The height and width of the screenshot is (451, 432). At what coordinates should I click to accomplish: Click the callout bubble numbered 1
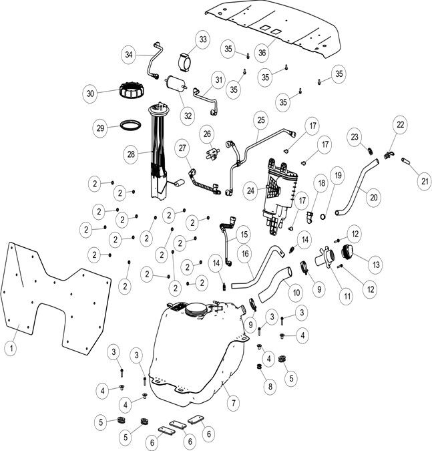pyautogui.click(x=11, y=348)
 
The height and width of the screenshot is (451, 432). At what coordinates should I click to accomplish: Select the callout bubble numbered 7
pyautogui.click(x=233, y=404)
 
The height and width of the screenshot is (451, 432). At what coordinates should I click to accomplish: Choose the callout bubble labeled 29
pyautogui.click(x=100, y=127)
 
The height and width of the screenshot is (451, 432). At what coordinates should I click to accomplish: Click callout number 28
pyautogui.click(x=132, y=153)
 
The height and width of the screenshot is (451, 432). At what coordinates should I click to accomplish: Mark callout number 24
pyautogui.click(x=251, y=190)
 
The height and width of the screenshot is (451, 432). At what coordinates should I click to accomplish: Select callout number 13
pyautogui.click(x=377, y=265)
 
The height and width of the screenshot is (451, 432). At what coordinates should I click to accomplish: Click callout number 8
pyautogui.click(x=270, y=386)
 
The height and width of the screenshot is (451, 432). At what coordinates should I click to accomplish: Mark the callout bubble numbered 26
pyautogui.click(x=207, y=133)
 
